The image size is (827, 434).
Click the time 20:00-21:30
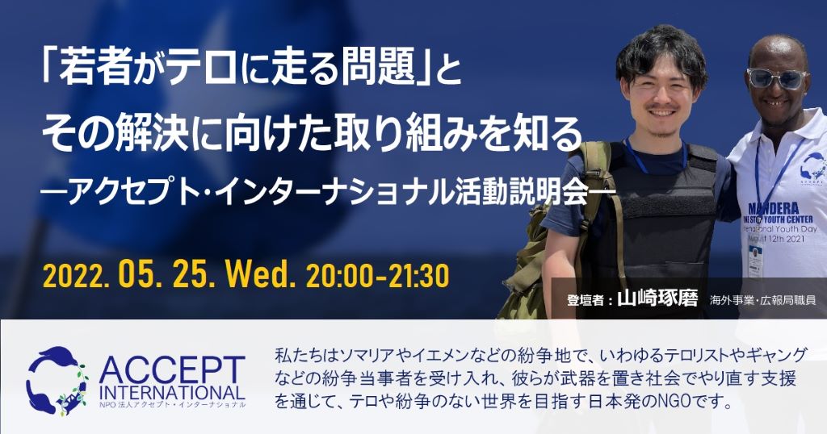377,276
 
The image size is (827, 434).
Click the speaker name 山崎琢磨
657,299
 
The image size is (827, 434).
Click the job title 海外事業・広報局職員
762,300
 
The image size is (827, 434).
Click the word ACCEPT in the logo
172,370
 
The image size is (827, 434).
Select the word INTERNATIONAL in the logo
172,392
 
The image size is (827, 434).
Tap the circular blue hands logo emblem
57,380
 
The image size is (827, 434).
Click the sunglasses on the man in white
777,78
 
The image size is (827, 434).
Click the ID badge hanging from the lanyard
756,261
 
